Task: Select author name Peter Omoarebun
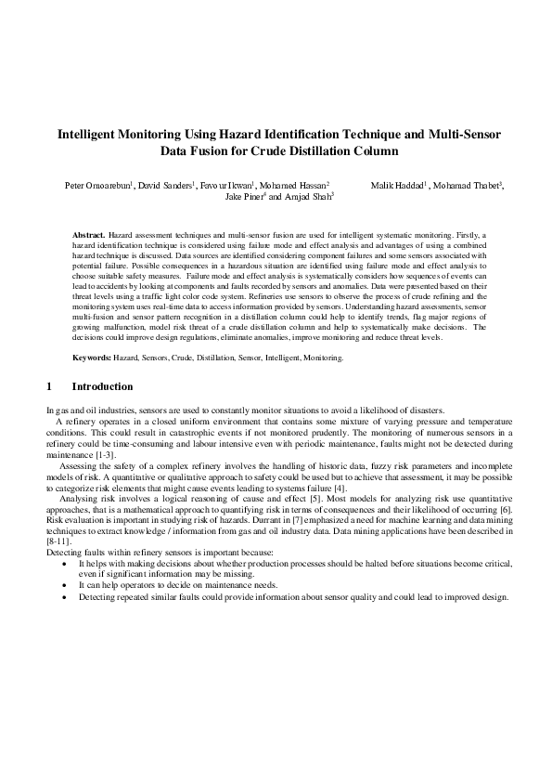(97, 186)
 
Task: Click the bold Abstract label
(89, 238)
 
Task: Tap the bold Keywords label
(93, 357)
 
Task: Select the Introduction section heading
(102, 386)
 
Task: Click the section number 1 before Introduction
(49, 386)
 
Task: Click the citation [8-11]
(58, 566)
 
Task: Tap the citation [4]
(340, 489)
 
